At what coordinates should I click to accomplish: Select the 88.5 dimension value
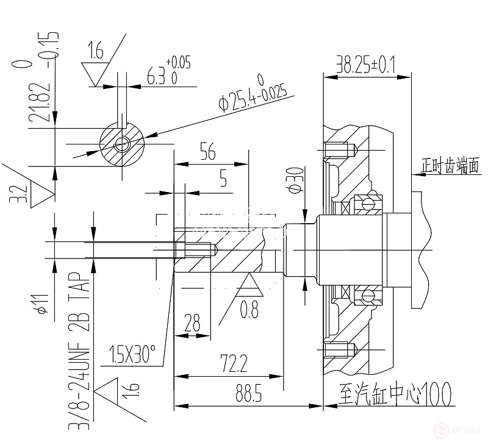(x=246, y=394)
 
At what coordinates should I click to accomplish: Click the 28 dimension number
(x=192, y=324)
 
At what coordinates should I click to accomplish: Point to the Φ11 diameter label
(x=41, y=301)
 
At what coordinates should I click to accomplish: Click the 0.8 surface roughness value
(x=249, y=310)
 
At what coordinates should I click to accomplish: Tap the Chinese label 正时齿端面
(x=450, y=165)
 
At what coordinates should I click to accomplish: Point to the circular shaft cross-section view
(x=121, y=145)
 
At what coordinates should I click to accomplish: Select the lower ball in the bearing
(x=368, y=296)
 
